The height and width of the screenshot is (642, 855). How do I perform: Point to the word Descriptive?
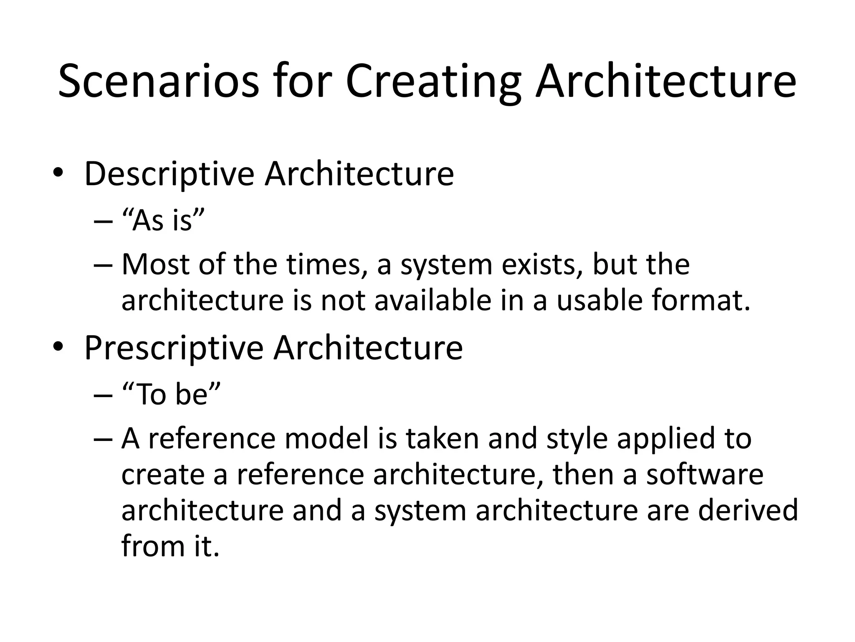coord(169,173)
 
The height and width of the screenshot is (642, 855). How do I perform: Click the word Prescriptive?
coord(174,348)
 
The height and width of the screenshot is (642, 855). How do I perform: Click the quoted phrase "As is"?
coord(163,220)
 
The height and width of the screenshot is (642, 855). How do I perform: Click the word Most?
coord(155,265)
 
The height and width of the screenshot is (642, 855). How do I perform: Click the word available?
coord(433,300)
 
